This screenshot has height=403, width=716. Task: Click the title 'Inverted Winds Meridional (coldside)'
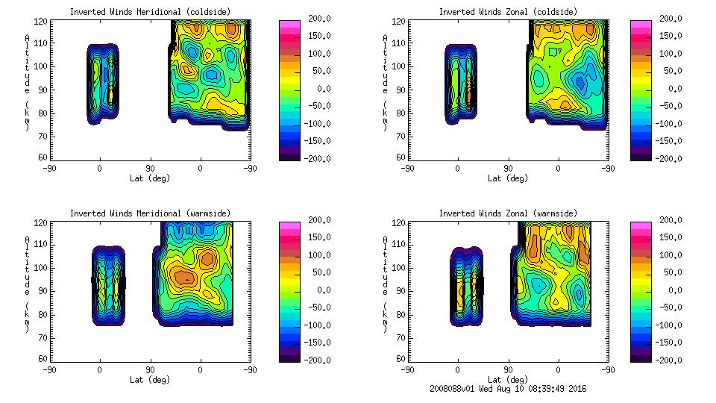coord(150,11)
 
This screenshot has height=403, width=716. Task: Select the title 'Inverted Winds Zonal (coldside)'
coord(507,11)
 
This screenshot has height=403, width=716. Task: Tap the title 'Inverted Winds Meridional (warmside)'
coord(150,213)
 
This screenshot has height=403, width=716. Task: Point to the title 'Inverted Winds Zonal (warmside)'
coord(507,213)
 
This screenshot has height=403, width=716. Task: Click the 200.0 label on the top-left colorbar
coord(318,19)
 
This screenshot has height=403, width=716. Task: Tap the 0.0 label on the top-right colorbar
coord(672,89)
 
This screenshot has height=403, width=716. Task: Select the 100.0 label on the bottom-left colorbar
coord(318,255)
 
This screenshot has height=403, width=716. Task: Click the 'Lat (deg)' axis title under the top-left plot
coord(150,178)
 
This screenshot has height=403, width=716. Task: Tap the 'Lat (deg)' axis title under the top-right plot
coord(507,178)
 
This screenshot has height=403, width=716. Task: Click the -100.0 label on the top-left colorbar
coord(318,124)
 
